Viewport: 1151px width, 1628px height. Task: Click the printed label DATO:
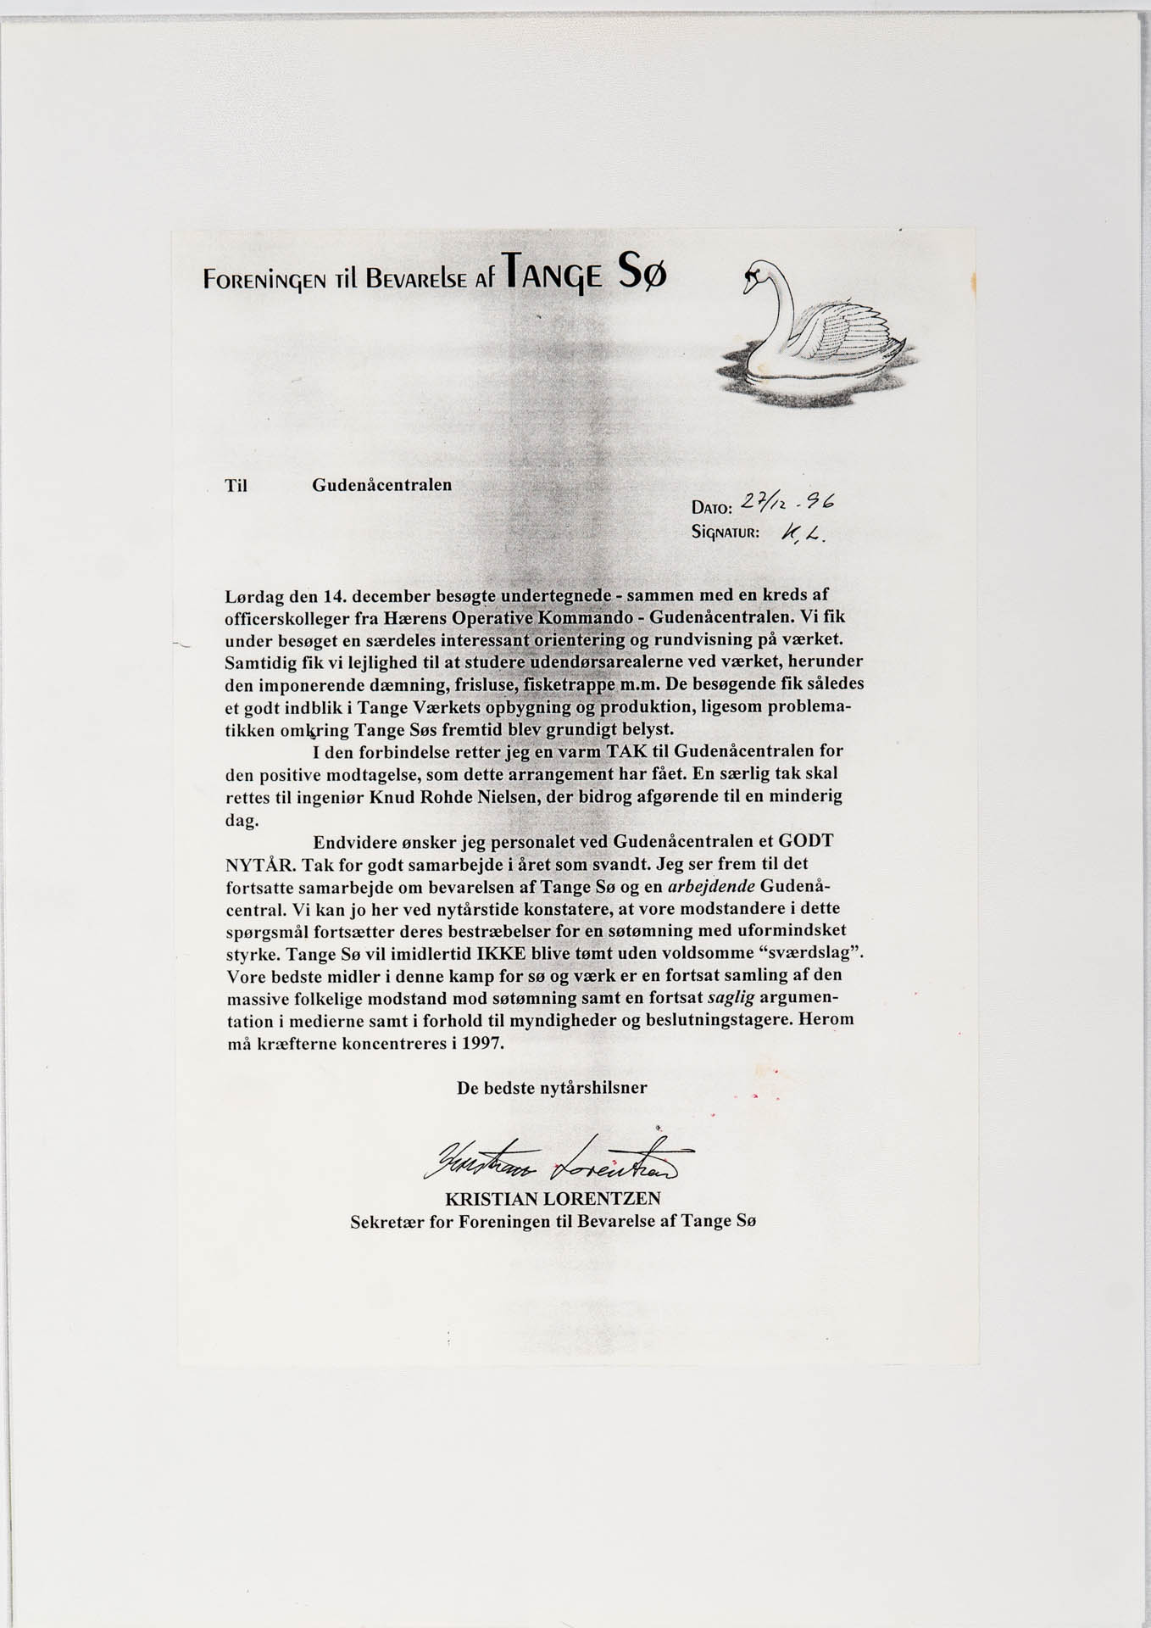point(711,508)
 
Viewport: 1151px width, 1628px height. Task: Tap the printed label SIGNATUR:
point(726,533)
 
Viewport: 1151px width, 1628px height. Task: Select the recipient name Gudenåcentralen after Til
point(381,485)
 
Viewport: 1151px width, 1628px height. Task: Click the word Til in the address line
point(236,487)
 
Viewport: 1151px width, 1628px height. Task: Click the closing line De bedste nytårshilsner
point(552,1087)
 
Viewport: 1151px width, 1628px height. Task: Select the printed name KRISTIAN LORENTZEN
point(553,1199)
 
